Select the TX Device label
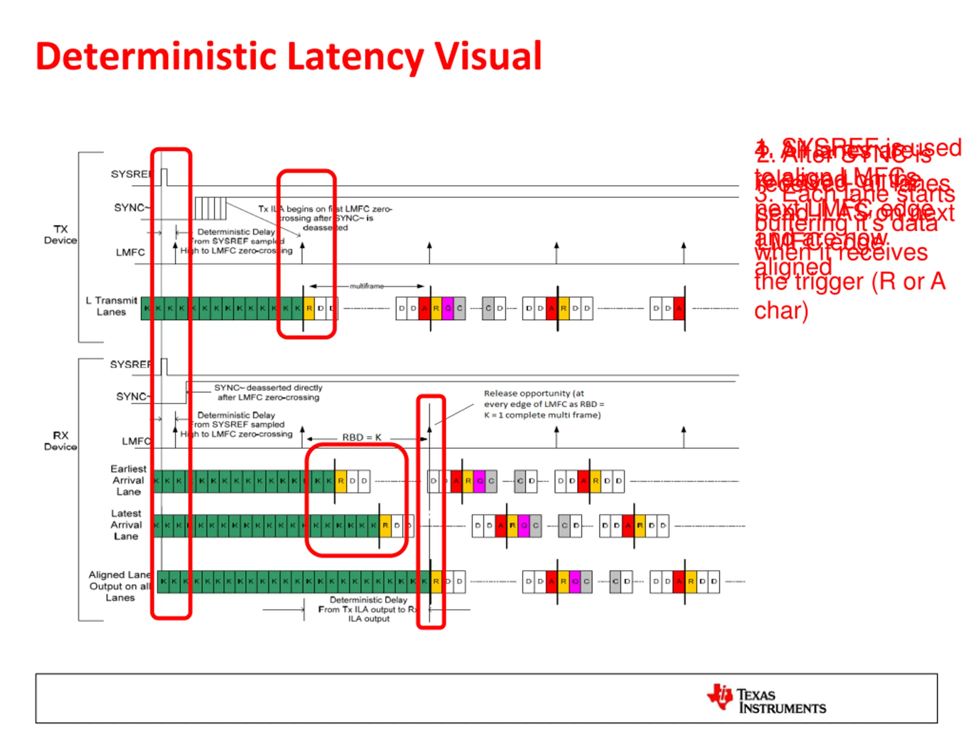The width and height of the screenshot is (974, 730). pos(60,235)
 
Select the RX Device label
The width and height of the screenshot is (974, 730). pos(60,440)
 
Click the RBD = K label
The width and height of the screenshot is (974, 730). pos(361,437)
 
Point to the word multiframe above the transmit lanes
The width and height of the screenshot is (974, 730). pos(366,286)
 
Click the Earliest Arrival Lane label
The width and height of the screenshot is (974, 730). pos(128,480)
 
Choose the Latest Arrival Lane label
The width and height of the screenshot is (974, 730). pos(126,525)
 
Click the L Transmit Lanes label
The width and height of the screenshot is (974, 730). pos(112,306)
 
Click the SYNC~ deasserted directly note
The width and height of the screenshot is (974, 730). pos(268,392)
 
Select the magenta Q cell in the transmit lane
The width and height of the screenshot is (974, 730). pos(448,308)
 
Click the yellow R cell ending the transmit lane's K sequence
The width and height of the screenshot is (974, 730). pos(309,308)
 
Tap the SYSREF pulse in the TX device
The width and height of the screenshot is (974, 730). pos(164,177)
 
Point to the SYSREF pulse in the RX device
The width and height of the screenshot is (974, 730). pos(164,367)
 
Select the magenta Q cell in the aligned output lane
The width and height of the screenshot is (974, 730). pos(575,581)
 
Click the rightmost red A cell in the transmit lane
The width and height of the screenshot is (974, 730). pos(679,308)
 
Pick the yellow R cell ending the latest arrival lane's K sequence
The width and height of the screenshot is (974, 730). pos(385,525)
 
